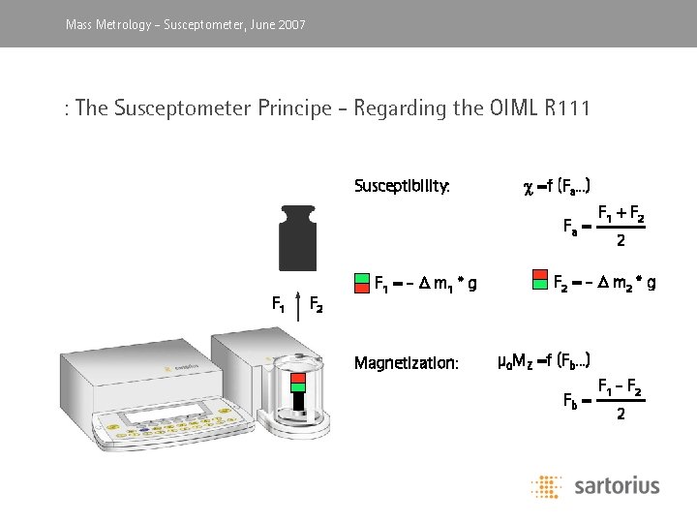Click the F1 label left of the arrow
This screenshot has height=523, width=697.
278,307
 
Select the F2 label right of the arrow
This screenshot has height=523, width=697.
316,307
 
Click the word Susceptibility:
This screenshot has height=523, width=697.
402,185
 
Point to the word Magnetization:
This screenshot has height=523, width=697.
406,363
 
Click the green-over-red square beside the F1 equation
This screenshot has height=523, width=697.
362,283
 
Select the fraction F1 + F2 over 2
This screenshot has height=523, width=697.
621,226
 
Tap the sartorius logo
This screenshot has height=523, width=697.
594,485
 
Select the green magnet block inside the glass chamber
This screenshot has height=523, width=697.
299,387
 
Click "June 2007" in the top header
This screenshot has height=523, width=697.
278,24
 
